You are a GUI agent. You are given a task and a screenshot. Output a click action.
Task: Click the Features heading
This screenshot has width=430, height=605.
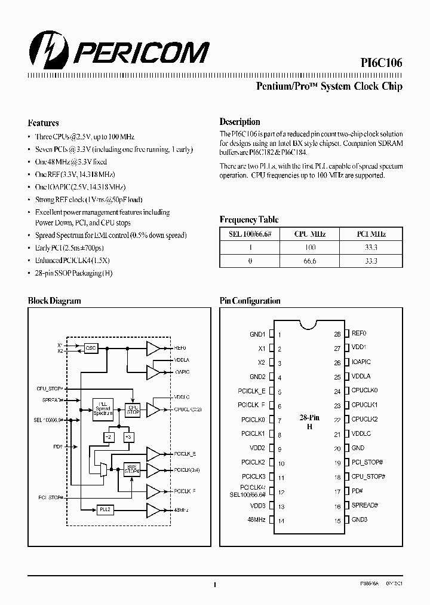43,123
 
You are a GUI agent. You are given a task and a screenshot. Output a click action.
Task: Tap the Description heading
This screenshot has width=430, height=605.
239,121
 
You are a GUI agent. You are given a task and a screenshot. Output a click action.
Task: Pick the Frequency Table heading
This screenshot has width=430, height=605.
248,220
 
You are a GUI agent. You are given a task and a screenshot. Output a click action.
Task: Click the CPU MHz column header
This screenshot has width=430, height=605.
310,234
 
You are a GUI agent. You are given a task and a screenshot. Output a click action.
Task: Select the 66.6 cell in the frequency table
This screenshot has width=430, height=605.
310,261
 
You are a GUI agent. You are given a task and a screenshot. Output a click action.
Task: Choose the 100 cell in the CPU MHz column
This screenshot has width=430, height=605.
310,247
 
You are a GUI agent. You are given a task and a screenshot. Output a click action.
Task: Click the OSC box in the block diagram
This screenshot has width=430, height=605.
91,347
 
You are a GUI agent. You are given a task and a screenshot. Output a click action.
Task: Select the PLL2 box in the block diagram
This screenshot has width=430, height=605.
105,509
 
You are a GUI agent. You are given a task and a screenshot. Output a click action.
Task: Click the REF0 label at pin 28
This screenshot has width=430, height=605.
358,334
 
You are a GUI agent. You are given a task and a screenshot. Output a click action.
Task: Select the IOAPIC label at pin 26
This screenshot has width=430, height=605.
361,362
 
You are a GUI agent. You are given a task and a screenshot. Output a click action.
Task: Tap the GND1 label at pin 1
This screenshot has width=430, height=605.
257,335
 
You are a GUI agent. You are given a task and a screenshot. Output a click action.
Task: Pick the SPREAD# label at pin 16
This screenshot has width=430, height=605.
364,505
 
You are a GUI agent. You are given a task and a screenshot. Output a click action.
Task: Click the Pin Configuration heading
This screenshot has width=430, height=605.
250,301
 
